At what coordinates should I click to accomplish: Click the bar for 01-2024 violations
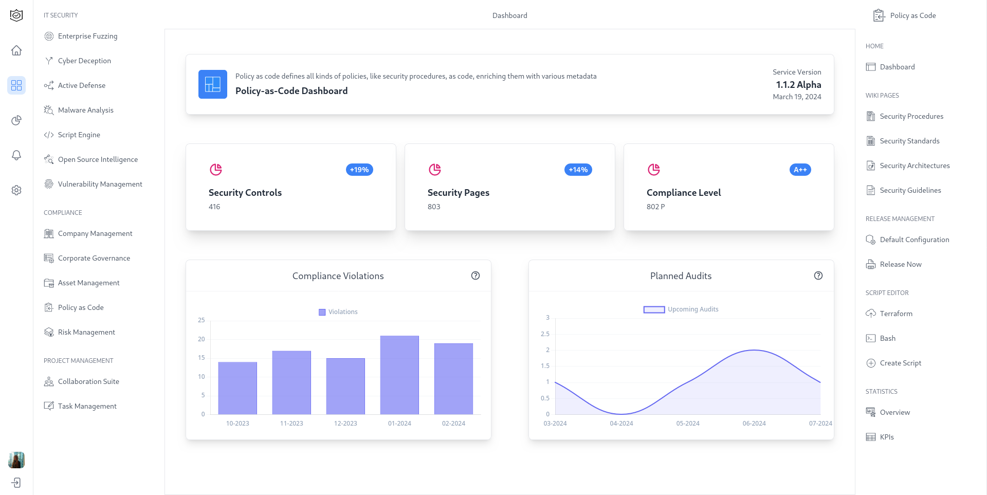(399, 375)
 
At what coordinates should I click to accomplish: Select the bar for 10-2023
(237, 388)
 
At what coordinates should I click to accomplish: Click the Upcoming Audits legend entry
(681, 309)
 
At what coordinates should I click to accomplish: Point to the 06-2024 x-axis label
(754, 424)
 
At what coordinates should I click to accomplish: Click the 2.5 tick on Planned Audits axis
(545, 334)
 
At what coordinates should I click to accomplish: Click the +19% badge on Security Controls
(359, 170)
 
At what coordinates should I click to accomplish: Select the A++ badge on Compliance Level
(800, 170)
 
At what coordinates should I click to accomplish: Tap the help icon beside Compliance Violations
(476, 276)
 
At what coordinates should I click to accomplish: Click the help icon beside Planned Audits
(818, 276)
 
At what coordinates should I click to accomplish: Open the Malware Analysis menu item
(85, 110)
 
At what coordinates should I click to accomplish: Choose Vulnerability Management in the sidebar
(100, 184)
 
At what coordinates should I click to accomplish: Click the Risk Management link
(86, 332)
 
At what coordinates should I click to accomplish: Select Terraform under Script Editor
(895, 314)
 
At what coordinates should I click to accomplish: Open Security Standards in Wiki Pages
(909, 141)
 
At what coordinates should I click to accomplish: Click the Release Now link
(900, 264)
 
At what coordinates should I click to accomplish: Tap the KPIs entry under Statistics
(886, 437)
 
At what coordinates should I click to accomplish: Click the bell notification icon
(16, 155)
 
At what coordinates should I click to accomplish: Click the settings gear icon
(16, 190)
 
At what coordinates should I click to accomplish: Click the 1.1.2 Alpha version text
(798, 85)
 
